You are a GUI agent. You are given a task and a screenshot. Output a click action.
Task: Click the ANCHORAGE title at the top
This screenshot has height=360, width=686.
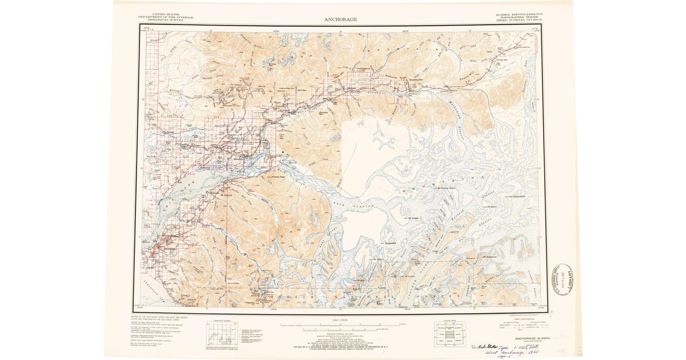341,19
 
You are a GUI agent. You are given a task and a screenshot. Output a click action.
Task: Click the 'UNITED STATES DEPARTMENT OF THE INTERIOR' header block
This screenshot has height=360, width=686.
166,17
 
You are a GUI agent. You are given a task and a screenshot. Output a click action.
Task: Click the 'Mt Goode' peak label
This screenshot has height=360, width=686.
413,218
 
